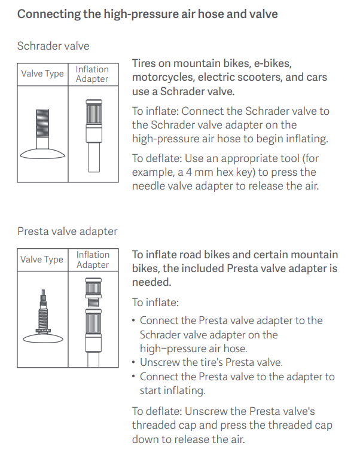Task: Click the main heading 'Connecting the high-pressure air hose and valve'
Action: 148,14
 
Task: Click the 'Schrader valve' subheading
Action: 53,46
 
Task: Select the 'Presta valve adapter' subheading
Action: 68,231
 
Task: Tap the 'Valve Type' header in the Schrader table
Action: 42,74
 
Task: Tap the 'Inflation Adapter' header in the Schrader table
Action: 92,74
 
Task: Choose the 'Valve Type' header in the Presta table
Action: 42,259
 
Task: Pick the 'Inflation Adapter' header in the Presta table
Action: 93,259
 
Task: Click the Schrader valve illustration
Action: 42,134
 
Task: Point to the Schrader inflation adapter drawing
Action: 94,136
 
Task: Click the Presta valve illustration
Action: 43,316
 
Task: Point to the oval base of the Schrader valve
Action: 42,154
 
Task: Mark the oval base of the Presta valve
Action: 43,338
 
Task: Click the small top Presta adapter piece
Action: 93,292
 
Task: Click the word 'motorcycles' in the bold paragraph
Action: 163,77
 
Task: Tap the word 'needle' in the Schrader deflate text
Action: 147,186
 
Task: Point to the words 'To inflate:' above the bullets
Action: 155,303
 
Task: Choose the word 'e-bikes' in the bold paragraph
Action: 273,63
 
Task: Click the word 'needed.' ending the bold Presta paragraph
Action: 152,282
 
